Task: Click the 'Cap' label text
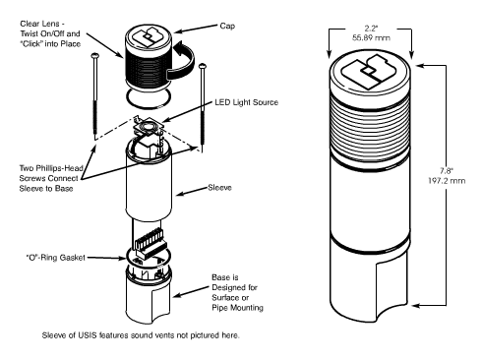coord(227,26)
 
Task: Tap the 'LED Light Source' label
coord(246,102)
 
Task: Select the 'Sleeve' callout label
coord(219,188)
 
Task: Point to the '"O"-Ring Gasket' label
coord(55,258)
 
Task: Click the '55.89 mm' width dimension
coord(371,37)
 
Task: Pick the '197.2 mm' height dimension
coord(447,181)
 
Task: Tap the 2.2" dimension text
coord(371,29)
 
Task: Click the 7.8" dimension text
coord(447,171)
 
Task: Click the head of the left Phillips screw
coord(95,56)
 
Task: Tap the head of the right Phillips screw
coord(203,66)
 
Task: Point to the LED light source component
coord(149,127)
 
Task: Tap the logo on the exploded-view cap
coord(148,37)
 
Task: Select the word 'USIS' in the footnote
coord(87,335)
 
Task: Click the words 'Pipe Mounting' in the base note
coord(237,308)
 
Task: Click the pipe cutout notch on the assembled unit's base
coord(392,287)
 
